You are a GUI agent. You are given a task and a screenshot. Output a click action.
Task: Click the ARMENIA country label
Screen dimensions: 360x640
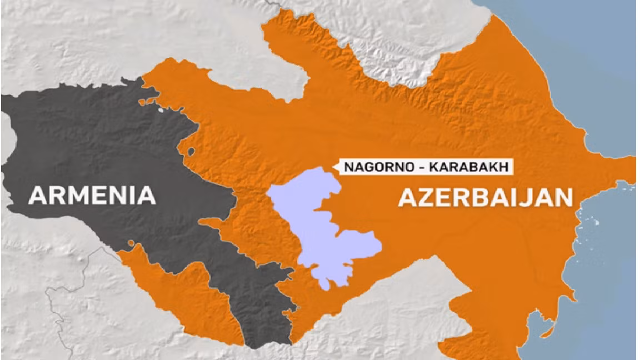tap(92, 195)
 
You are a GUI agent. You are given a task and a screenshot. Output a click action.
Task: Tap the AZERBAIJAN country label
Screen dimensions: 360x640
tap(485, 197)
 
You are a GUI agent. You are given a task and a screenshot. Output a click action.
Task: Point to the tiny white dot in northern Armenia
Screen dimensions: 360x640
tap(162, 109)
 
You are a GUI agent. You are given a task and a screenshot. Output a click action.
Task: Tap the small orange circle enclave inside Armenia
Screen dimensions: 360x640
tap(132, 243)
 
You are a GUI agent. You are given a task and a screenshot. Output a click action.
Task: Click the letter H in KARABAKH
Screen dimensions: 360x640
tap(503, 167)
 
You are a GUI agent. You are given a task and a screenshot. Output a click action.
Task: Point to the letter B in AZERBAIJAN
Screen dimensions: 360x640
tap(485, 197)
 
